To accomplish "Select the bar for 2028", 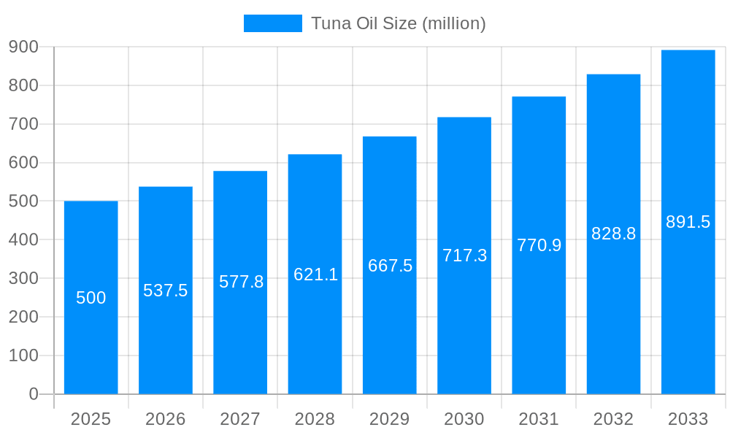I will (315, 328).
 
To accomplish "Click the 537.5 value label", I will (166, 291).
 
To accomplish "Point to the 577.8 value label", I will (241, 282).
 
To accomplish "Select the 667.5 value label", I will (390, 266).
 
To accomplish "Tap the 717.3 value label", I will (464, 255).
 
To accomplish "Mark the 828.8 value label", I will (613, 234).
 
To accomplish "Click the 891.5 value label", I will (688, 222).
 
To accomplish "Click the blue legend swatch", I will (272, 23).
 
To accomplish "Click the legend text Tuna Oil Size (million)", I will (398, 23).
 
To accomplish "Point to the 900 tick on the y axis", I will (23, 47).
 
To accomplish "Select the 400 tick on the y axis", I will (23, 239).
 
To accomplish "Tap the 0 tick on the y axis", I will (33, 394).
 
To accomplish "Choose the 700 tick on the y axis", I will (23, 124).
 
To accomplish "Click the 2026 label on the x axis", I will (166, 419).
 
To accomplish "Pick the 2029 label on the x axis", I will (390, 419).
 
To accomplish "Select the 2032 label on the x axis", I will (613, 419).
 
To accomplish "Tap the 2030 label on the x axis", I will (464, 419).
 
